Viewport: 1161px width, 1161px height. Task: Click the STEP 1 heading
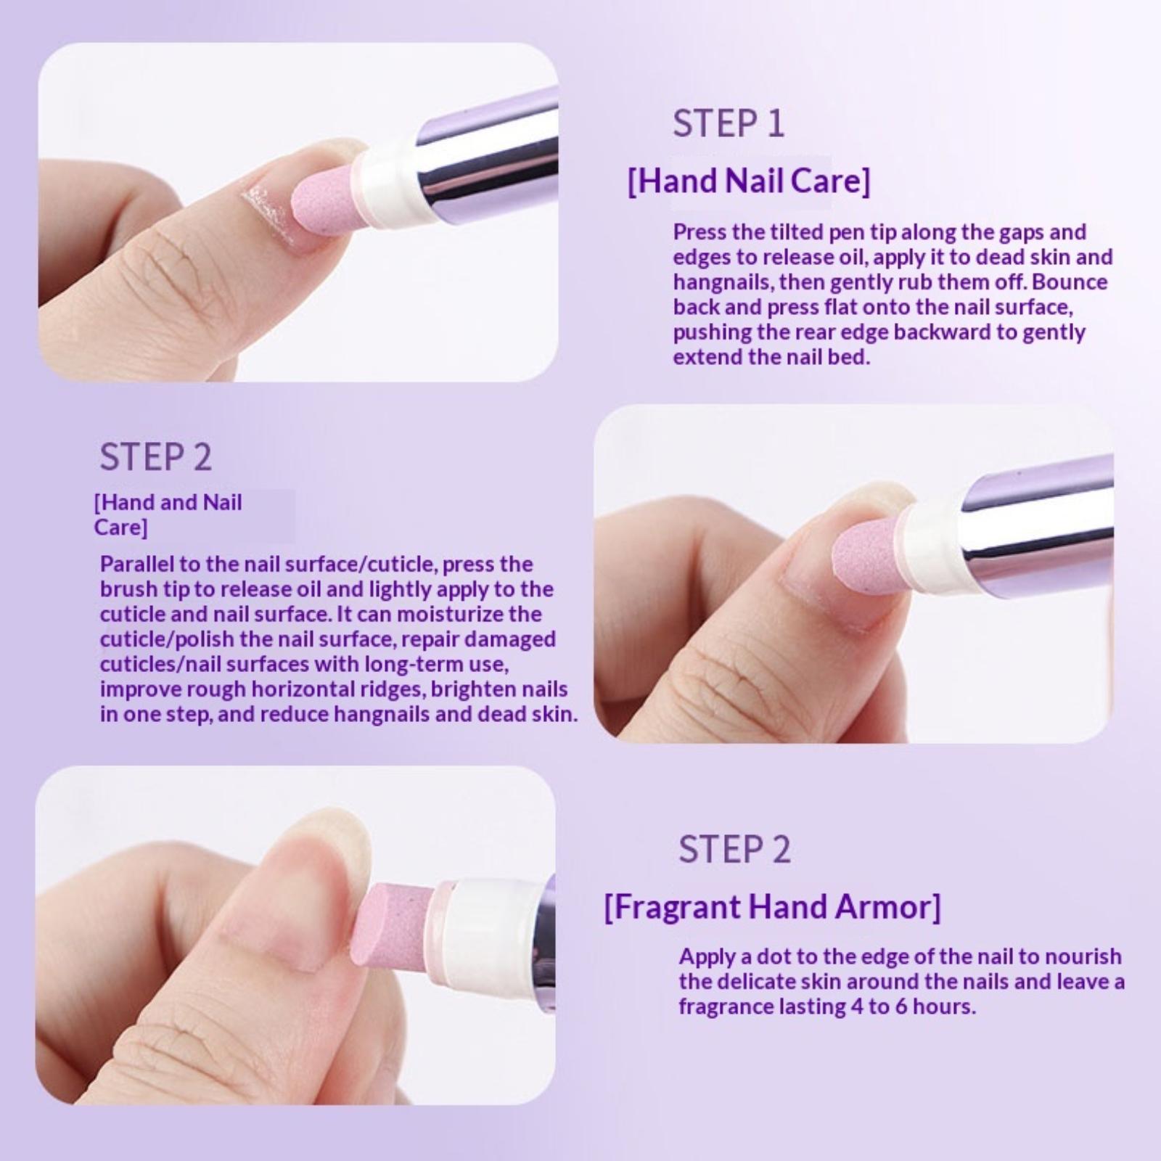click(x=729, y=123)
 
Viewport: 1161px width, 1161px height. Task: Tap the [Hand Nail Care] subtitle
click(x=748, y=180)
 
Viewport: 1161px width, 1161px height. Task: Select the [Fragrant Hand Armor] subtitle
click(x=772, y=907)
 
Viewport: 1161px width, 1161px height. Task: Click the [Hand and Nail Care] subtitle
click(x=168, y=514)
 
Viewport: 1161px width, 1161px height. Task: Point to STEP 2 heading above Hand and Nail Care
click(x=156, y=457)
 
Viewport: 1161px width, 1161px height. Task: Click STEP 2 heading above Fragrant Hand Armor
click(x=734, y=849)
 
